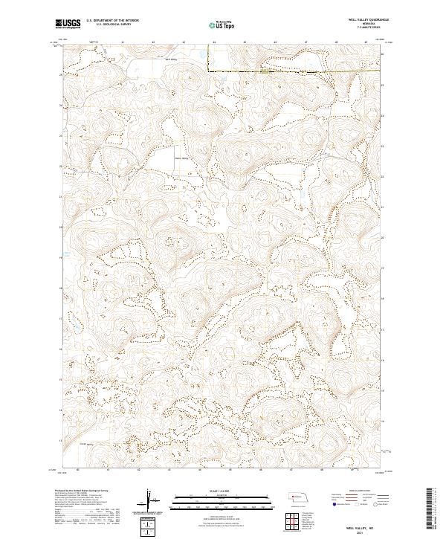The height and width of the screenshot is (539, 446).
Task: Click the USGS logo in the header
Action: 68,24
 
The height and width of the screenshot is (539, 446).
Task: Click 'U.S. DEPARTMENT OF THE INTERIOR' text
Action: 112,21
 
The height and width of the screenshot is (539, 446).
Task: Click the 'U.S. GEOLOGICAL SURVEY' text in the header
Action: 112,25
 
